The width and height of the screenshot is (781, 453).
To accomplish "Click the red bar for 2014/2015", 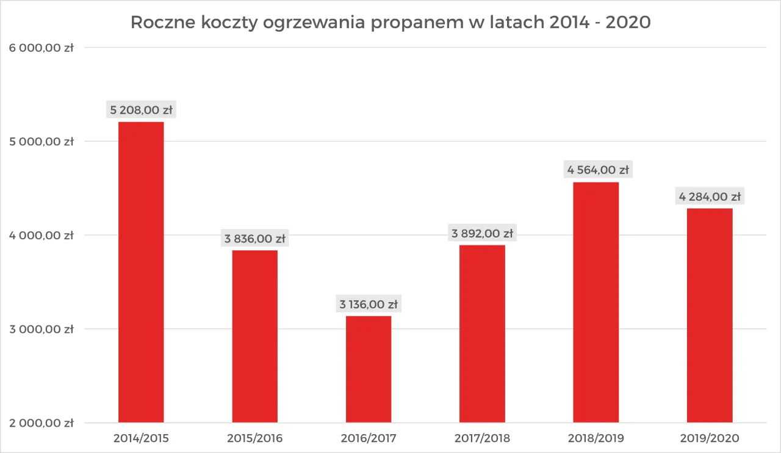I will [141, 272].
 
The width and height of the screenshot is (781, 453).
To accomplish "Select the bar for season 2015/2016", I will [255, 336].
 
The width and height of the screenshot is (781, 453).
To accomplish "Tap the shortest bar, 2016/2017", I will [369, 369].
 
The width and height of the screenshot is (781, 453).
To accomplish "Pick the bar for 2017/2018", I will [482, 333].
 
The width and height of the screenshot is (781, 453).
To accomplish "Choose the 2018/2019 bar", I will [596, 302].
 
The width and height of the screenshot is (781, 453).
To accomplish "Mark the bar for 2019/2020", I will [710, 315].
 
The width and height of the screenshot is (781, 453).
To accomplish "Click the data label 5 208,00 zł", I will [141, 111].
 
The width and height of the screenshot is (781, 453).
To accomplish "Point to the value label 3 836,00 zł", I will [255, 239].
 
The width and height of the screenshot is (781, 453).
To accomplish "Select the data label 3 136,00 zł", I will [369, 304].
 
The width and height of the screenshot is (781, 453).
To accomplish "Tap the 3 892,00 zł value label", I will [482, 233].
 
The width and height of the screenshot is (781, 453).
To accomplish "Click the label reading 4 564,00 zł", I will [596, 170].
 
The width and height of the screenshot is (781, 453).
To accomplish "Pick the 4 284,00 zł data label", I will [710, 197].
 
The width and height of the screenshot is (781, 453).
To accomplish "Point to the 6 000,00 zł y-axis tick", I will [41, 48].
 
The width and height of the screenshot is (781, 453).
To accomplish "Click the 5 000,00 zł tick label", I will [41, 142].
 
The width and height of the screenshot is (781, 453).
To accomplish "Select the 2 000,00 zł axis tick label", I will [41, 422].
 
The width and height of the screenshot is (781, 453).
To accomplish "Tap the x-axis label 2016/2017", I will [369, 438].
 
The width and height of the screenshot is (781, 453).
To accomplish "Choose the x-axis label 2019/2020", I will [710, 438].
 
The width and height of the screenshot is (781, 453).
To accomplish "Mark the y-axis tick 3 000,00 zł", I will [41, 329].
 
